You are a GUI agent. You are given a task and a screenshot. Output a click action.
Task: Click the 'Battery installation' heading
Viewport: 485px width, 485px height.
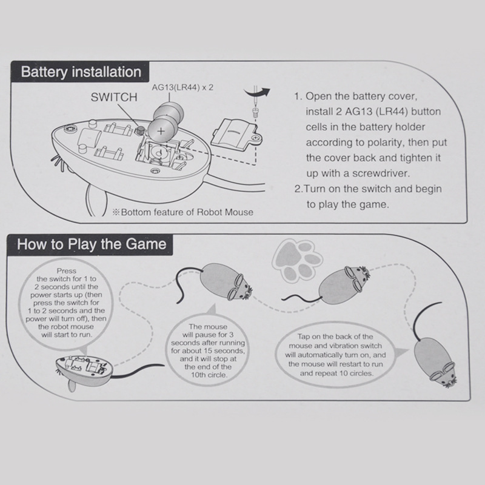pyautogui.click(x=81, y=72)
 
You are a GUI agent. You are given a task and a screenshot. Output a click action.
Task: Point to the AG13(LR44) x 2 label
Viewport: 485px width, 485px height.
pyautogui.click(x=183, y=87)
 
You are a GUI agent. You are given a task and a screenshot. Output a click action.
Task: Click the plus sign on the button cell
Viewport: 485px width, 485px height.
pyautogui.click(x=161, y=129)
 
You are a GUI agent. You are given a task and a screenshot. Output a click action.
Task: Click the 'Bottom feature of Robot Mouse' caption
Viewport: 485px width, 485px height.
pyautogui.click(x=181, y=212)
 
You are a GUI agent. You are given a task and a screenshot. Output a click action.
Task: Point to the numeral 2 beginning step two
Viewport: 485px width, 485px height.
pyautogui.click(x=297, y=189)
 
